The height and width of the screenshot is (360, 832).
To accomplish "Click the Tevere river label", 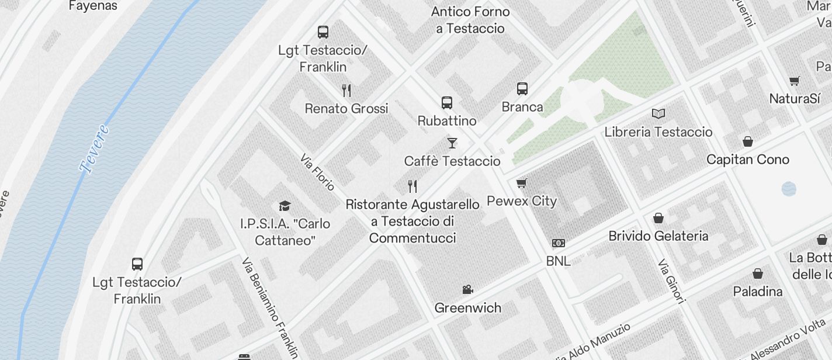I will click(x=95, y=149).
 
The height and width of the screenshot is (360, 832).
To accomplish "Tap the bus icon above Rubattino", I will click(x=447, y=103).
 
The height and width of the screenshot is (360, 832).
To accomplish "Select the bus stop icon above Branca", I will click(x=522, y=89).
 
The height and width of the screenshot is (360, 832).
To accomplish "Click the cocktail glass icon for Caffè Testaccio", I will click(x=452, y=143).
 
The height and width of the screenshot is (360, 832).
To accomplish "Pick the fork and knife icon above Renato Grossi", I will click(x=346, y=90).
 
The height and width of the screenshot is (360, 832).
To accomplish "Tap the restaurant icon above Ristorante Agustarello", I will click(x=412, y=186).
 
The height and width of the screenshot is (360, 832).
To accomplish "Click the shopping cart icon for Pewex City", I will click(x=522, y=183).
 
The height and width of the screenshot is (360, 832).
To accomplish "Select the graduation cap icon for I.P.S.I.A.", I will click(x=285, y=206).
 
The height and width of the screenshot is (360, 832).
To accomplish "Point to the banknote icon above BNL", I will click(x=559, y=243).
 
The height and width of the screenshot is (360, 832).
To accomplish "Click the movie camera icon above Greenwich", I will click(x=467, y=289).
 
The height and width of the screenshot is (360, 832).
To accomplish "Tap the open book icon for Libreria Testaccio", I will click(x=658, y=113).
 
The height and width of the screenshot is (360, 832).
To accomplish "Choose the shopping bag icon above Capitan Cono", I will click(x=747, y=141).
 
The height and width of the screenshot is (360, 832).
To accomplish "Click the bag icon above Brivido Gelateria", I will click(x=658, y=218).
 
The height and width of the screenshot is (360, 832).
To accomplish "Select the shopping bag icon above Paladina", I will click(x=758, y=274).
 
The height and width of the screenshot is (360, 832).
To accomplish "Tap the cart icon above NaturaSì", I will click(x=794, y=81).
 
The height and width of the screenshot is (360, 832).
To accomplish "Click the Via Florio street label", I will click(x=317, y=172).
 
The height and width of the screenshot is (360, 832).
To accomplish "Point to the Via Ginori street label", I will click(x=671, y=282).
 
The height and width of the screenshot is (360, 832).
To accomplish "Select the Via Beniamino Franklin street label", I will click(x=269, y=307).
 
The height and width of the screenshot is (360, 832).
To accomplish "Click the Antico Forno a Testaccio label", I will click(x=470, y=20).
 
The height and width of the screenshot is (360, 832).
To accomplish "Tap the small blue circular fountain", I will click(x=789, y=188).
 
